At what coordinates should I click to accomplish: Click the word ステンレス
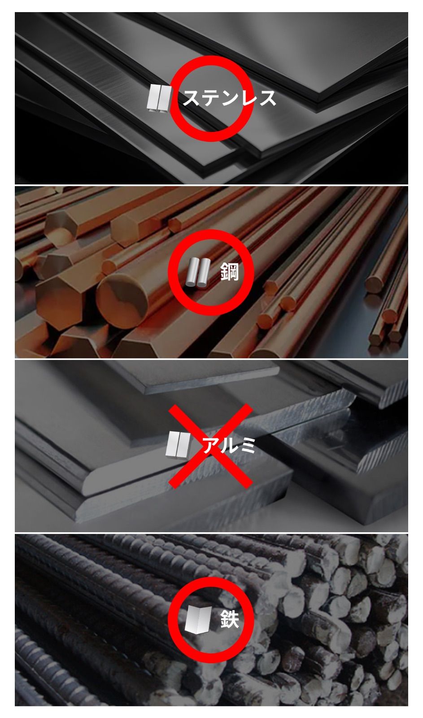click(x=229, y=98)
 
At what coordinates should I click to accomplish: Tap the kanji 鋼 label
click(x=229, y=272)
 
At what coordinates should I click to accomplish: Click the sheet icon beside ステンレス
click(x=159, y=98)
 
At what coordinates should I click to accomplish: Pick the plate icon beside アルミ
click(x=178, y=445)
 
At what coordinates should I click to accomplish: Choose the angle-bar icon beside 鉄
click(x=198, y=619)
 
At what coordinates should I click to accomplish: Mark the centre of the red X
click(x=210, y=446)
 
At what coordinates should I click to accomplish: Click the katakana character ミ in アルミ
click(x=247, y=445)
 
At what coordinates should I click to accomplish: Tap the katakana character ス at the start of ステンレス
click(x=192, y=98)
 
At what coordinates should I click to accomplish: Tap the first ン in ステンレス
click(x=229, y=98)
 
